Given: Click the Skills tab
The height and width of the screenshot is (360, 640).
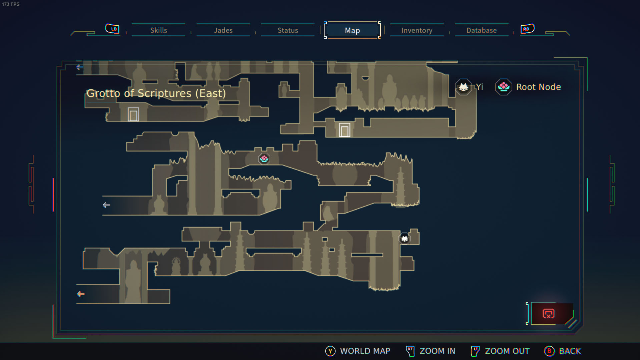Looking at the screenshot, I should [158, 30].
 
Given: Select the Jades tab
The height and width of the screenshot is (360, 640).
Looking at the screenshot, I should [223, 30].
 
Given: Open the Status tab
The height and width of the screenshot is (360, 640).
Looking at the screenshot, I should [287, 30].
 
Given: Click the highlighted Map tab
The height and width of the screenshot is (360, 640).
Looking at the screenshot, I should [352, 30].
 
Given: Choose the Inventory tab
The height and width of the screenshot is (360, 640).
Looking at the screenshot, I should [417, 30].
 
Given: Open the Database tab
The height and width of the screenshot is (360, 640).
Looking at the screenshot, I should [481, 30].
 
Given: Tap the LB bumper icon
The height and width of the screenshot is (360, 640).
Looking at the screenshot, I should [112, 29].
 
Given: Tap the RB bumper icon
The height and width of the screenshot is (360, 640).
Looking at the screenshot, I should [527, 29].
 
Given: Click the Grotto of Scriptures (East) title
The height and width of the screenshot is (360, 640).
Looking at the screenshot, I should [156, 93].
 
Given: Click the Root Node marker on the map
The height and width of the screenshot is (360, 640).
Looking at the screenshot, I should [264, 159].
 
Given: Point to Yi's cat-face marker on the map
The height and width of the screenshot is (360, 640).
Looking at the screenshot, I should [405, 239].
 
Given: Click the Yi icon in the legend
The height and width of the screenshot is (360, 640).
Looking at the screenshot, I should [463, 87].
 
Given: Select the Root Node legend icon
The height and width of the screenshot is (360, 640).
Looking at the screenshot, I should [504, 87].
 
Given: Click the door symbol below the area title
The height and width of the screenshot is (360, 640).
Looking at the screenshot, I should [133, 114].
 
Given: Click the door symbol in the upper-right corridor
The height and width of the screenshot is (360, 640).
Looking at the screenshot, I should [345, 130].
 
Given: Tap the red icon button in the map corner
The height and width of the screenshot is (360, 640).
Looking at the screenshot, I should [549, 314].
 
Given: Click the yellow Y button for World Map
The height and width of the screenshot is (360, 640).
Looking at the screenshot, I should [330, 351].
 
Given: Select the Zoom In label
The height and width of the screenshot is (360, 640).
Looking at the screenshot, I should [437, 351].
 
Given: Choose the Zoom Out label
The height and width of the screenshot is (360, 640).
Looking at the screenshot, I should [507, 351].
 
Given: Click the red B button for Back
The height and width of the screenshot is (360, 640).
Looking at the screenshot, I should [549, 351].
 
